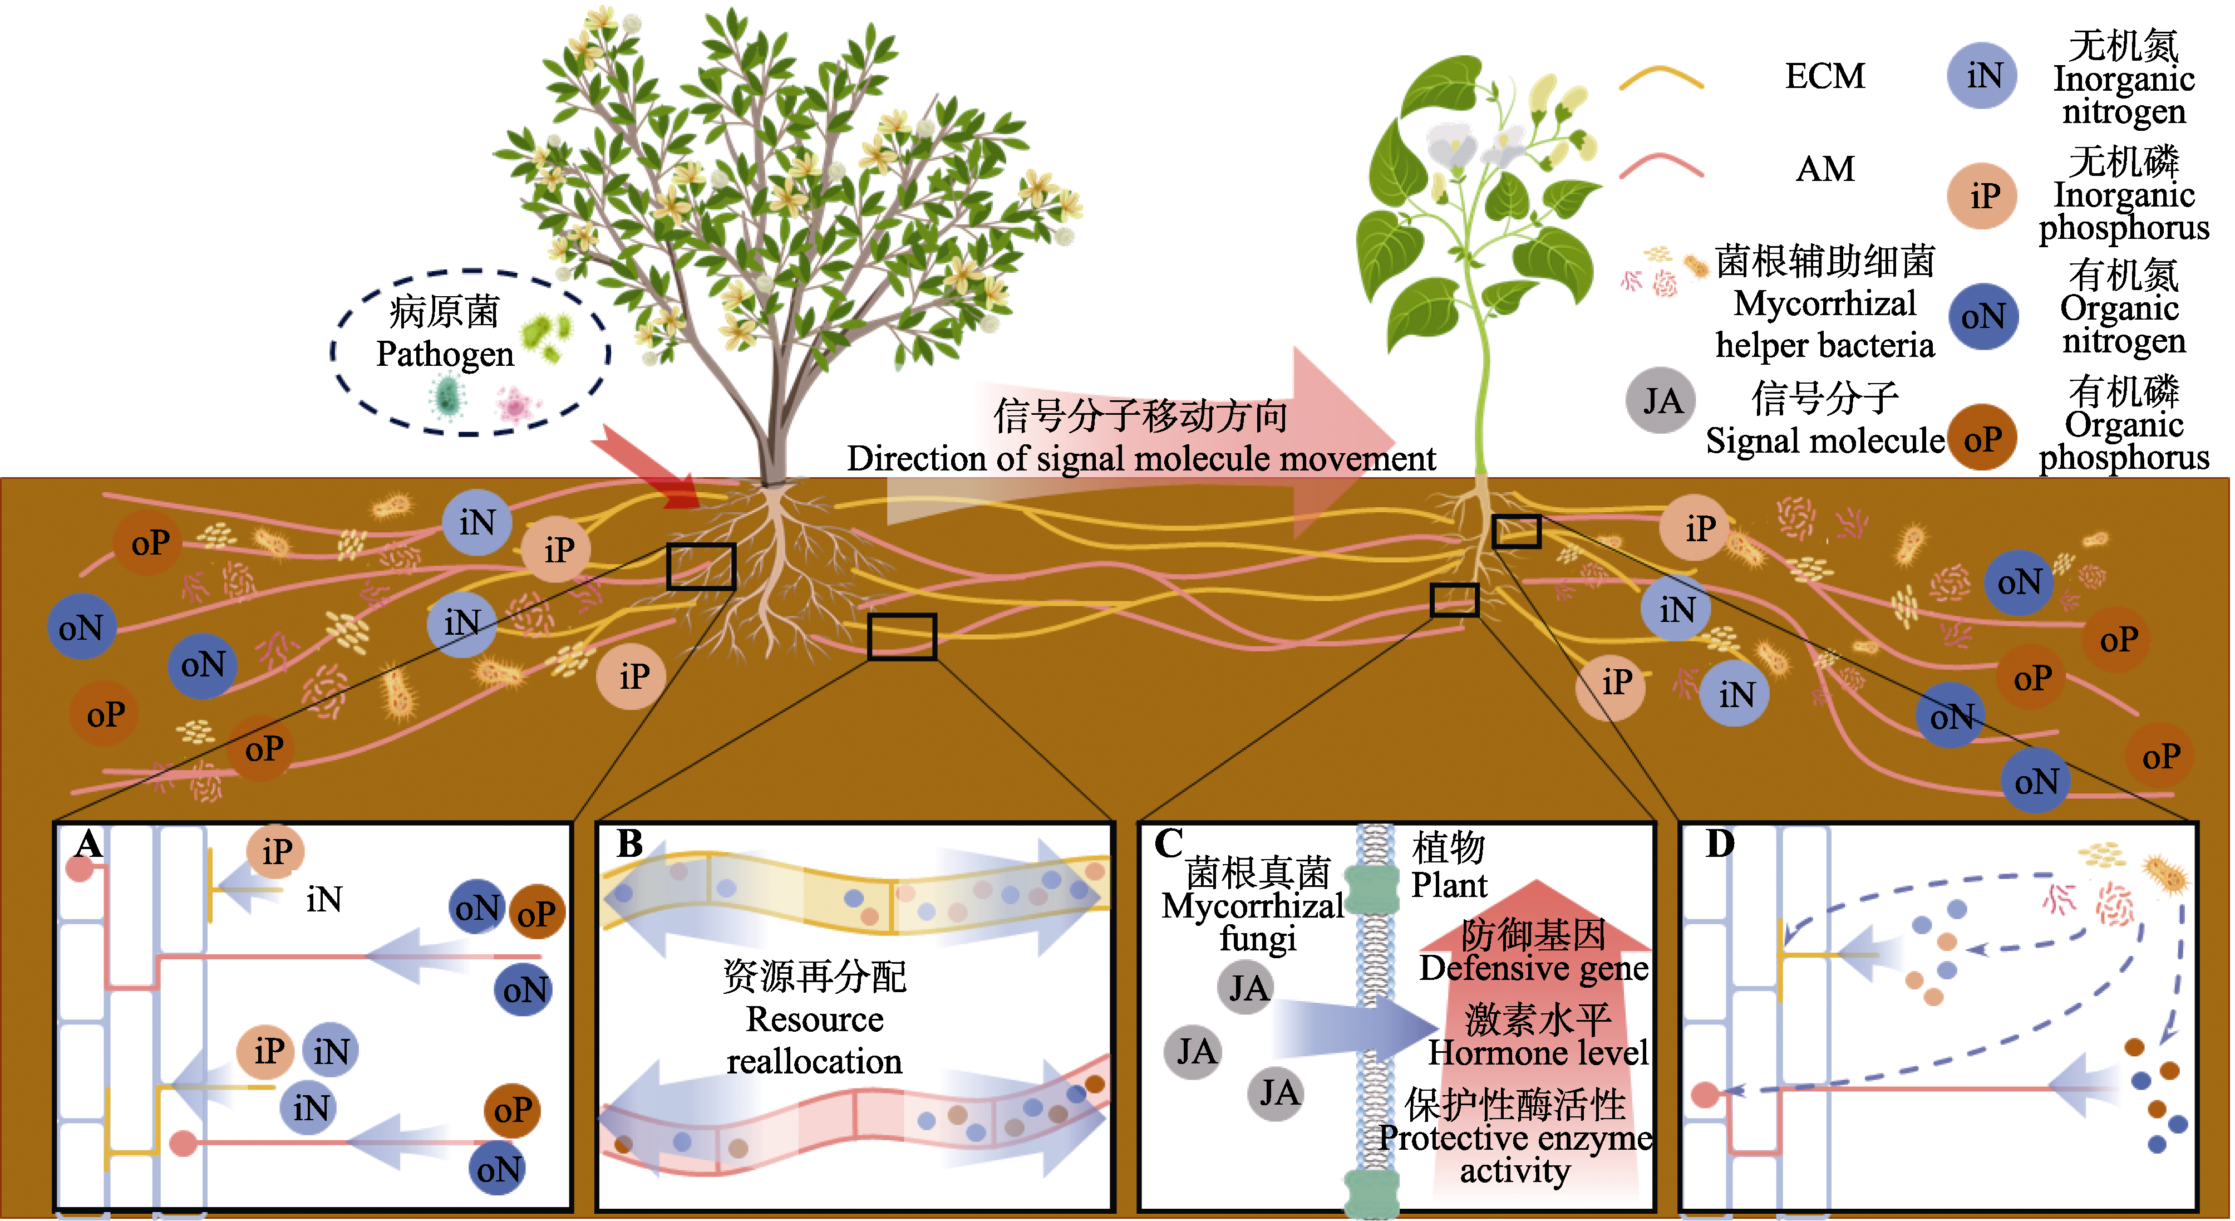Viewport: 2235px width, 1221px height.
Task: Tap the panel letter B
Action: pos(630,844)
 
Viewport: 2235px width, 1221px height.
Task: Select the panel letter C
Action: pos(1169,844)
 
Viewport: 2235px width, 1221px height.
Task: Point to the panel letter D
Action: pos(1720,844)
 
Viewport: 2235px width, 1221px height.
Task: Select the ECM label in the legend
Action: pos(1825,76)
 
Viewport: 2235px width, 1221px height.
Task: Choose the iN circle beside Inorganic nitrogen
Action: pos(1982,76)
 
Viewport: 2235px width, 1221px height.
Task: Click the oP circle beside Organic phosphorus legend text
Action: pos(1982,439)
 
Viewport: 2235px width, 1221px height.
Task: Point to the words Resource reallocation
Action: pos(814,1039)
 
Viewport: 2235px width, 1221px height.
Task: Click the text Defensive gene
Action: pos(1534,968)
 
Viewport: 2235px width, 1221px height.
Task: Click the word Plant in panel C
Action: pos(1449,885)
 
